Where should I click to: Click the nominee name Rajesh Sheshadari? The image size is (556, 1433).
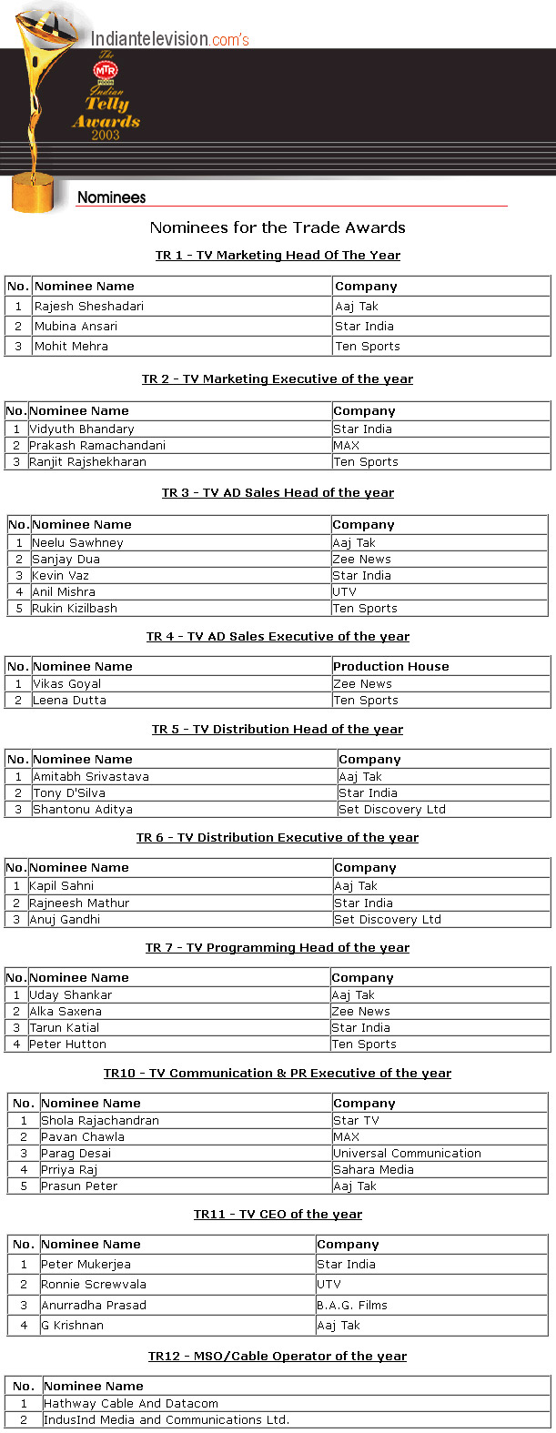coord(89,307)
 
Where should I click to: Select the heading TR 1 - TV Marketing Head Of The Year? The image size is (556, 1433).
coord(278,256)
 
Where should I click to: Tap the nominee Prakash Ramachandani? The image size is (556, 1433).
coord(97,446)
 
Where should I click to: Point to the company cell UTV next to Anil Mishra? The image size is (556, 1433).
coord(345,592)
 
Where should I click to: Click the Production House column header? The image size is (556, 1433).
coord(391,667)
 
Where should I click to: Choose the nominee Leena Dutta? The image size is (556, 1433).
coord(70,701)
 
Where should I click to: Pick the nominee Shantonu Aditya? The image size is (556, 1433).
coord(83,810)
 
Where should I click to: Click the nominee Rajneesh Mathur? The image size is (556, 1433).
coord(79,903)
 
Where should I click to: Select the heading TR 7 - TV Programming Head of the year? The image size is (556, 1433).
coord(278,948)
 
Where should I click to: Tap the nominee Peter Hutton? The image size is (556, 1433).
coord(68,1044)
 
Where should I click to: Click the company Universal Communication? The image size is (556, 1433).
coord(407,1154)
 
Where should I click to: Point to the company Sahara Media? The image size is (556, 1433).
coord(373,1170)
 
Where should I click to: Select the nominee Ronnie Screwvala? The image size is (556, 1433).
coord(94,1285)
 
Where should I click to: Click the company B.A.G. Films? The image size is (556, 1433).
coord(352,1306)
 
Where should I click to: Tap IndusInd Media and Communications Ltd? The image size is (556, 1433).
coord(167,1420)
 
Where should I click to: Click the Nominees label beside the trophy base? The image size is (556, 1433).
coord(111,197)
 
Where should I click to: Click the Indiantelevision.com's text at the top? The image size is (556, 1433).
coord(169,39)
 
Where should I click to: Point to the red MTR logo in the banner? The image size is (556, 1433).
coord(106,69)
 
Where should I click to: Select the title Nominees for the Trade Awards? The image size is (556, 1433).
coord(278,227)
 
